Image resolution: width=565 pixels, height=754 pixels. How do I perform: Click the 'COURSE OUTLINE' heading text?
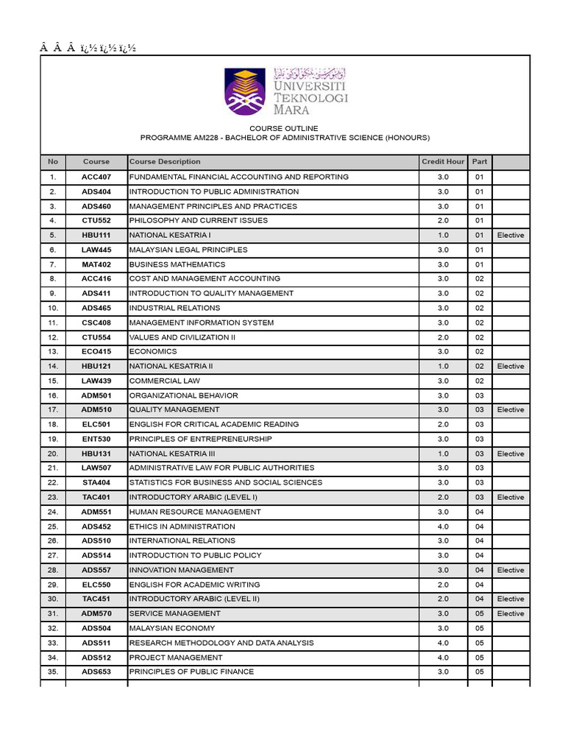285,128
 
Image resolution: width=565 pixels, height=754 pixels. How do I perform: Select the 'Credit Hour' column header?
443,161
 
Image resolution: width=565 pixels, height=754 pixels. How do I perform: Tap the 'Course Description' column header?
165,161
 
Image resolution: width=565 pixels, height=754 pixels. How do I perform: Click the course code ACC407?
96,177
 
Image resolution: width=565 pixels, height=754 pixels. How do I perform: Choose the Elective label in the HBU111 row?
511,235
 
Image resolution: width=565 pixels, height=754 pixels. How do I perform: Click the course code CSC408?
96,323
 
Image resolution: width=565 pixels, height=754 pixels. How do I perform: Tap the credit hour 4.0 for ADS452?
443,526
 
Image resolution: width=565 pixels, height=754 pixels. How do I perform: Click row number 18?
52,424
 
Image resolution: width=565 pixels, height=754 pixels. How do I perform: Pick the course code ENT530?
96,439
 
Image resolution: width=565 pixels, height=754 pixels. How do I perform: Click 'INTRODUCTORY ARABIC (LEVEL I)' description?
193,497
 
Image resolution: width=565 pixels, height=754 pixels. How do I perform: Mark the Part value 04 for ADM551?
480,512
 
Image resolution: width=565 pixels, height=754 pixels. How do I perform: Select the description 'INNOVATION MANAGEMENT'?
181,570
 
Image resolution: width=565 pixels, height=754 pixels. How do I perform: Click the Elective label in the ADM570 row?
511,613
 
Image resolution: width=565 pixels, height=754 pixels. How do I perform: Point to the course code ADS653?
96,672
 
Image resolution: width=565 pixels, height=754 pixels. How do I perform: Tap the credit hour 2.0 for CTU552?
443,220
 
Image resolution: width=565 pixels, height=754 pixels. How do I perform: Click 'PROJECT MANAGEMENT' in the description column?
175,658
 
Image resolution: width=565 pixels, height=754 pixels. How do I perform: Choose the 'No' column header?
52,161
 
